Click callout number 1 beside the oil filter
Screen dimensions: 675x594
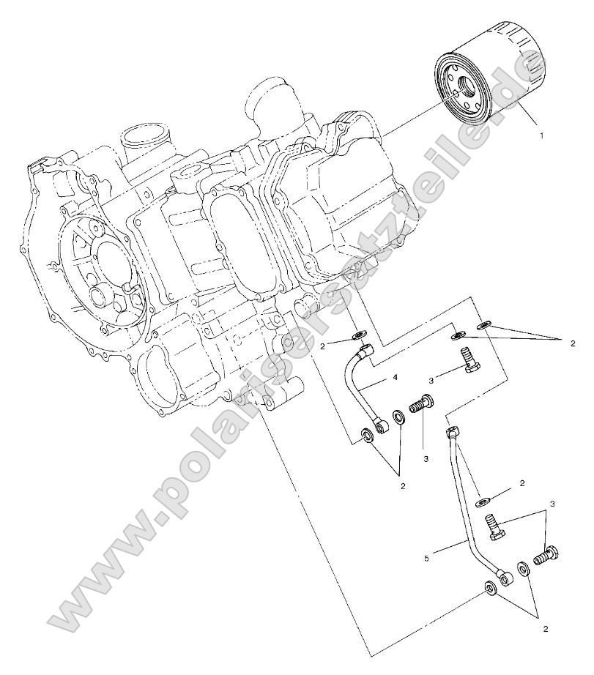(x=541, y=135)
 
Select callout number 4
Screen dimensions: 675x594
(x=395, y=377)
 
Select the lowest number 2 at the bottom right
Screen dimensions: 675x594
(x=544, y=628)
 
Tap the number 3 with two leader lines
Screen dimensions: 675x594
(x=552, y=504)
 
